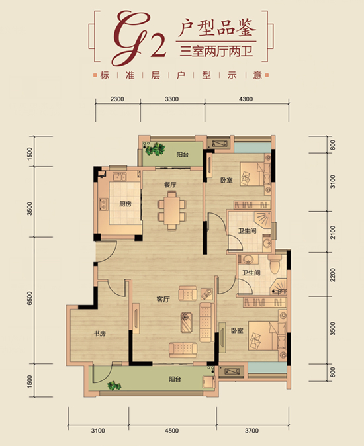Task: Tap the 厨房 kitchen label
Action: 125,204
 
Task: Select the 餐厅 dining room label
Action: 170,185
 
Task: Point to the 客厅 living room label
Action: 163,300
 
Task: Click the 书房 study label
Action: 100,334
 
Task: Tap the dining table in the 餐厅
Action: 172,210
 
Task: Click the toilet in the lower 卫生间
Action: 275,264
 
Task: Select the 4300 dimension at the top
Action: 246,99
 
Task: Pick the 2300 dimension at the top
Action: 117,99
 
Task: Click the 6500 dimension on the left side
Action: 30,298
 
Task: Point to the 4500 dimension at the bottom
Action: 172,431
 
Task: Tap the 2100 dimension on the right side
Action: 333,232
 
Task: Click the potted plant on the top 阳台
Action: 156,149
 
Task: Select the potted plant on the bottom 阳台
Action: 114,386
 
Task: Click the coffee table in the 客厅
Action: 186,322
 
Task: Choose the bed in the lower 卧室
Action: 263,335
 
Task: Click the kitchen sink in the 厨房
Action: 119,177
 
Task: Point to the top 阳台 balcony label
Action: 182,155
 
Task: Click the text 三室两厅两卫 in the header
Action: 216,52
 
